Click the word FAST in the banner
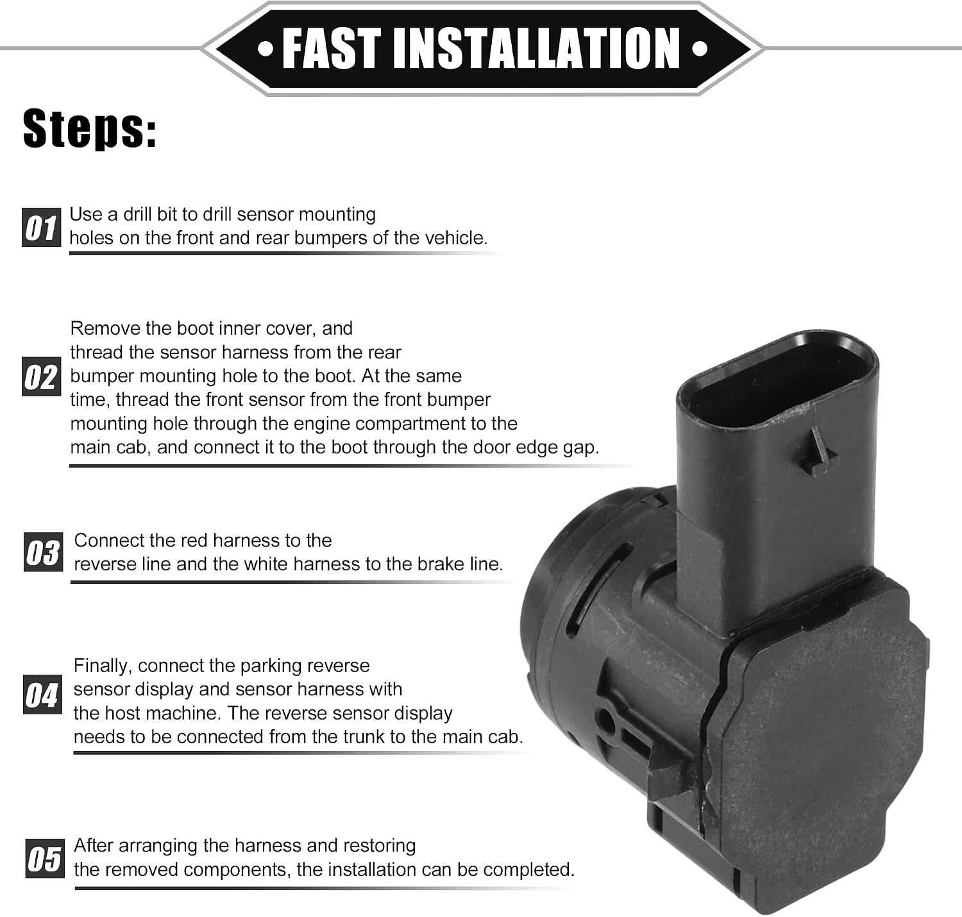pyautogui.click(x=332, y=48)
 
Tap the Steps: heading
pyautogui.click(x=90, y=129)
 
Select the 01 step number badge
pyautogui.click(x=42, y=227)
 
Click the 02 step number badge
pyautogui.click(x=42, y=376)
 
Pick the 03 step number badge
pyautogui.click(x=43, y=552)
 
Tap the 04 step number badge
pyautogui.click(x=42, y=694)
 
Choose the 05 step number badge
pyautogui.click(x=44, y=858)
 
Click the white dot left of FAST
pyautogui.click(x=266, y=49)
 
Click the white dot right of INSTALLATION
pyautogui.click(x=700, y=49)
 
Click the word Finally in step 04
pyautogui.click(x=102, y=666)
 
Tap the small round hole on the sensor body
pyautogui.click(x=606, y=719)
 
